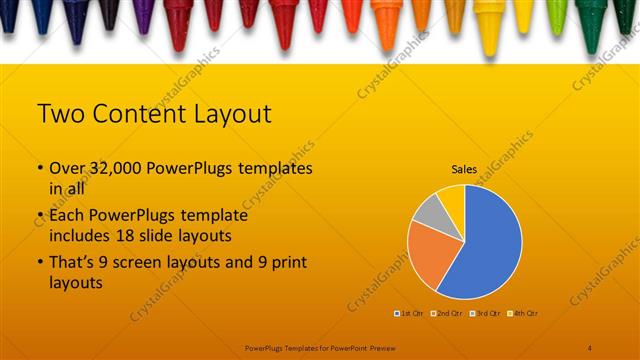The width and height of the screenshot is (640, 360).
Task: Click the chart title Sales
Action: point(464,170)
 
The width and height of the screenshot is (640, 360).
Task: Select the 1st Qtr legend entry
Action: point(410,313)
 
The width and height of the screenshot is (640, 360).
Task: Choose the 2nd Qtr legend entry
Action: point(447,313)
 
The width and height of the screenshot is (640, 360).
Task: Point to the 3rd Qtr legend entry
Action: point(486,313)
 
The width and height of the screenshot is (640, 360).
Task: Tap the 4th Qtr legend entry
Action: point(524,313)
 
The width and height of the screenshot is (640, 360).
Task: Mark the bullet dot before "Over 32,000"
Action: point(39,169)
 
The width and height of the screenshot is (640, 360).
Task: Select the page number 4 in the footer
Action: point(590,346)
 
